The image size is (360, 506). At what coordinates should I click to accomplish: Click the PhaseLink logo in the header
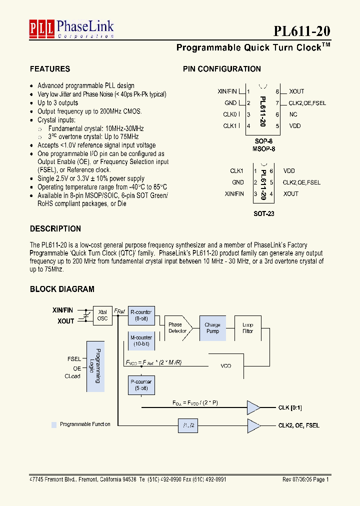point(71,29)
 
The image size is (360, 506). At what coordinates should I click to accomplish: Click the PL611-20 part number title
point(301,31)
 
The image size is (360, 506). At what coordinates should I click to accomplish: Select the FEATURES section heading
point(49,69)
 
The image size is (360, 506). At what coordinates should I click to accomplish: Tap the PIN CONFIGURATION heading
point(221,69)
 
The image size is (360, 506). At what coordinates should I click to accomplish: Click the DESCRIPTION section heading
point(55,228)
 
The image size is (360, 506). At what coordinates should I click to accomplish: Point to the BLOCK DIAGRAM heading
point(62,289)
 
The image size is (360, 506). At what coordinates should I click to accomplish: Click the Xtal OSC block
point(102,315)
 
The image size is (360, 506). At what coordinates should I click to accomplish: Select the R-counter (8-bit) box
point(141,315)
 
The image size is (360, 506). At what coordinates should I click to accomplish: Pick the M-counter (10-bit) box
point(141,341)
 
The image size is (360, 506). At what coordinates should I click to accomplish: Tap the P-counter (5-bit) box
point(141,385)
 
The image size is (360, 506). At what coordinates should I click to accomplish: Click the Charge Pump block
point(212,328)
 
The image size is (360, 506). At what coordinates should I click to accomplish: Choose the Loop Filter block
point(248,328)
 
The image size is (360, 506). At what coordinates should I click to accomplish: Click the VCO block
point(226,366)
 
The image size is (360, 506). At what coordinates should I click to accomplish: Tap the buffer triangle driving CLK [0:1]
point(253,407)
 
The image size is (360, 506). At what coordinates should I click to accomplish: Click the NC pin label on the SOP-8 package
point(293,114)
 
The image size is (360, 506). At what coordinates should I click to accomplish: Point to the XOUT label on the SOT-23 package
point(290,194)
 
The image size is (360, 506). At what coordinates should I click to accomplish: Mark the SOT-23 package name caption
point(263,213)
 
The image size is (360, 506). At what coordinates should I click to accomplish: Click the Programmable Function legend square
point(54,424)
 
